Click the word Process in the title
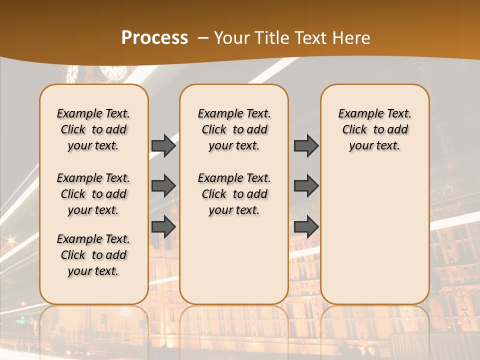154,38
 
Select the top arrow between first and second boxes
163,145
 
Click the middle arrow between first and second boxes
163,186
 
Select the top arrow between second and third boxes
306,145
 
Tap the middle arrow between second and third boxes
306,186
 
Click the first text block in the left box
93,129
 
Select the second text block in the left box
93,194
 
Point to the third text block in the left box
93,255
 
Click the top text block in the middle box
234,129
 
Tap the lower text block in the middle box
234,194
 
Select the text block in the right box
374,129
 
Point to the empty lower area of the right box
374,235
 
